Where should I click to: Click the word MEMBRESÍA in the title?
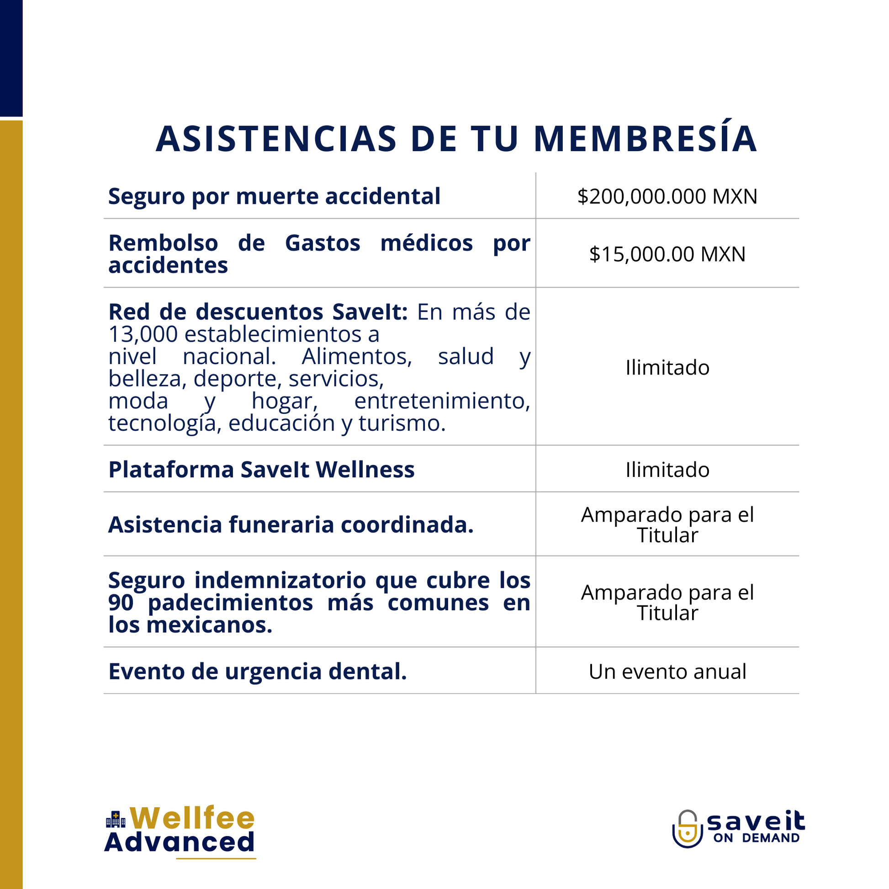(x=645, y=138)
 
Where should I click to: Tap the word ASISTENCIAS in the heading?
(x=276, y=138)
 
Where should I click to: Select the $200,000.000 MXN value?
(x=667, y=196)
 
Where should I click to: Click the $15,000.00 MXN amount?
(x=667, y=254)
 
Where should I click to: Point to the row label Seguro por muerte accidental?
(x=274, y=196)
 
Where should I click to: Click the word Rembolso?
(x=164, y=243)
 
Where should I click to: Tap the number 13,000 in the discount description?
(x=143, y=334)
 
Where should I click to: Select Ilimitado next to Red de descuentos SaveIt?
(x=667, y=368)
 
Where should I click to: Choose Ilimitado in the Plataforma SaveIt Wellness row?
(x=667, y=470)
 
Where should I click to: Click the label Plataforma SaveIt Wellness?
(x=261, y=470)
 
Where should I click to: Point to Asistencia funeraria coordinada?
(x=291, y=524)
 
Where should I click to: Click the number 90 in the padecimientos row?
(x=121, y=602)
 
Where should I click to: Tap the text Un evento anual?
(x=667, y=672)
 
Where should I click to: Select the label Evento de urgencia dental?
(x=258, y=672)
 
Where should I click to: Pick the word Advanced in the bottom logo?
(x=180, y=842)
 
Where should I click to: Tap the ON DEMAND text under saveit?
(x=757, y=838)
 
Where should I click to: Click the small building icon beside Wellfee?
(x=116, y=820)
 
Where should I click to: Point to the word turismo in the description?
(x=401, y=423)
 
